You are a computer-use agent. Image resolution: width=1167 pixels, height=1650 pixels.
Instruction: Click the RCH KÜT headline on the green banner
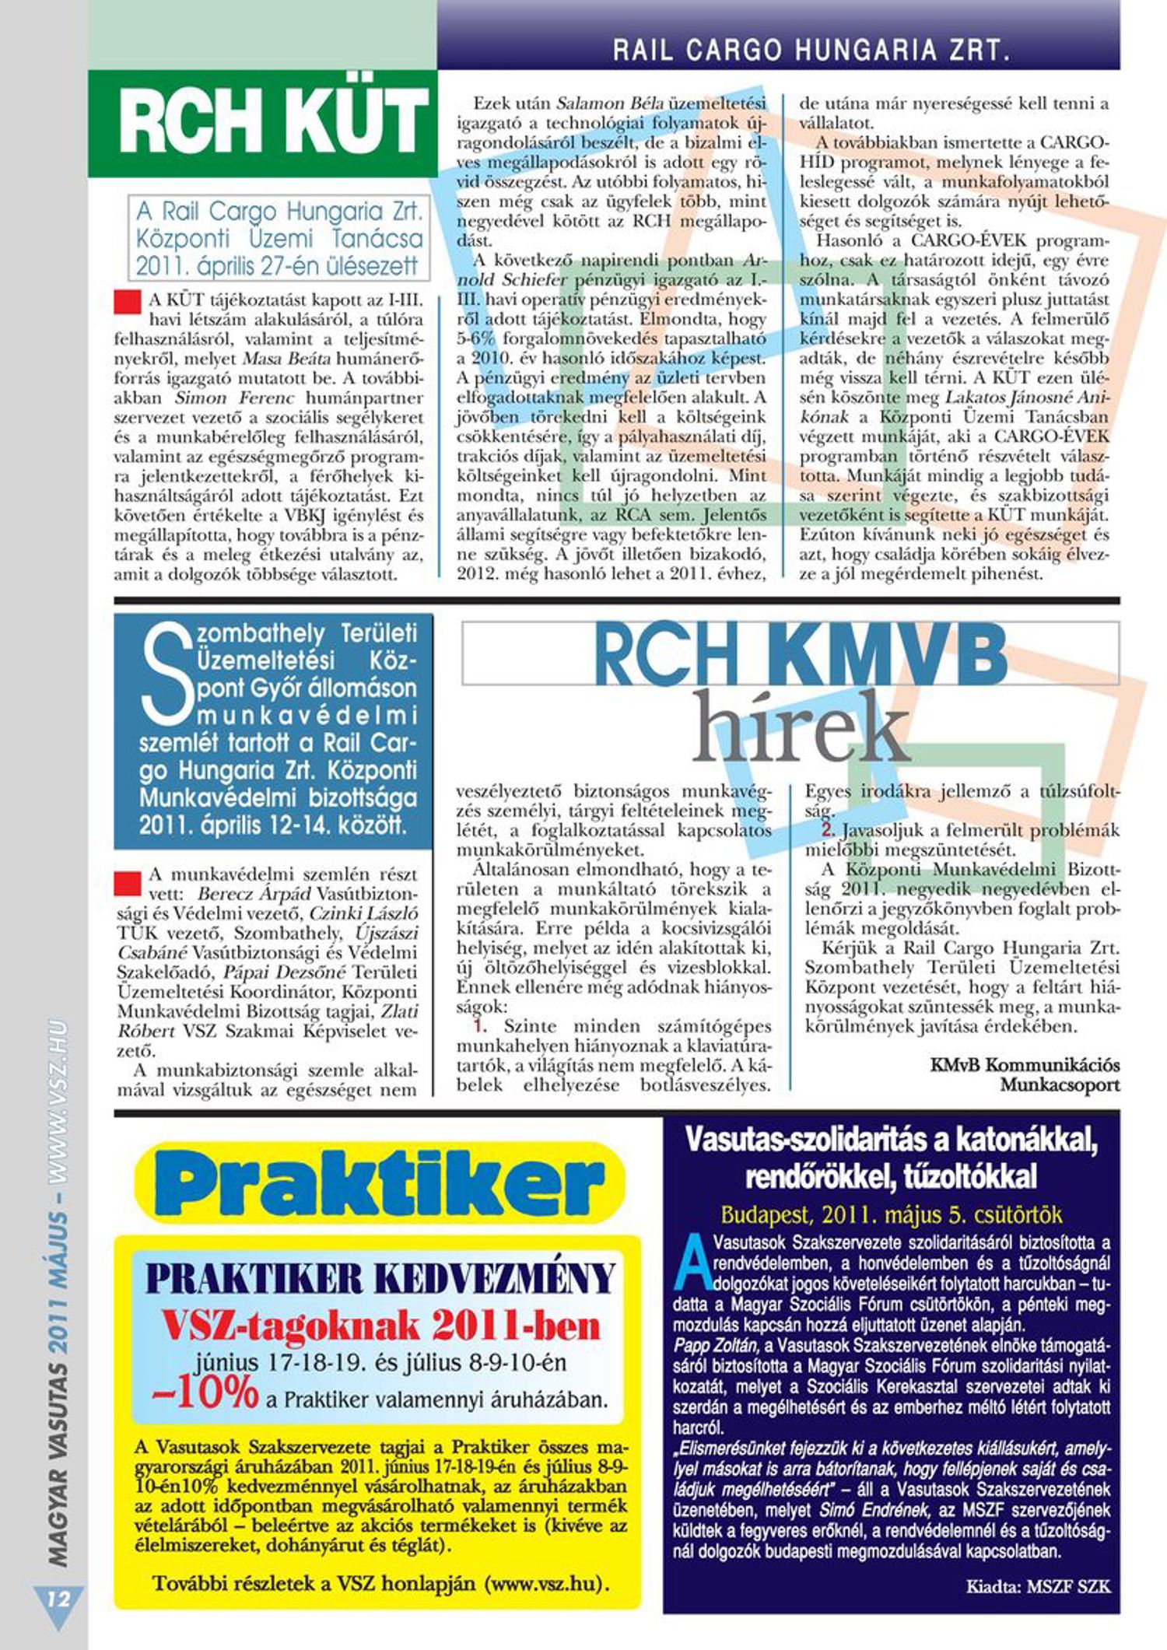tap(273, 121)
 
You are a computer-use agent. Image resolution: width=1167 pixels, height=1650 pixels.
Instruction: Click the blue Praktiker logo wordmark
tap(379, 1183)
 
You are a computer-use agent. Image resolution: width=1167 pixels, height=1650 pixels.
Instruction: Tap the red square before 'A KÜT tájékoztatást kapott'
tap(127, 302)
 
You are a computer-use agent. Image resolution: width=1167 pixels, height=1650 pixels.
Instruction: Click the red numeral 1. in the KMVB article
tap(471, 1026)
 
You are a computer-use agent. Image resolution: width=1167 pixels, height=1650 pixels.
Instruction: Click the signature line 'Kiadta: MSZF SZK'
tap(1038, 1586)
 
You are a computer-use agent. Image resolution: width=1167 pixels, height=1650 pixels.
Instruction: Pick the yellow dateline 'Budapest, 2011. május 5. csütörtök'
tap(891, 1214)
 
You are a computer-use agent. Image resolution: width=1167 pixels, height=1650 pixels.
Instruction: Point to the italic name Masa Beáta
tap(287, 359)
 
